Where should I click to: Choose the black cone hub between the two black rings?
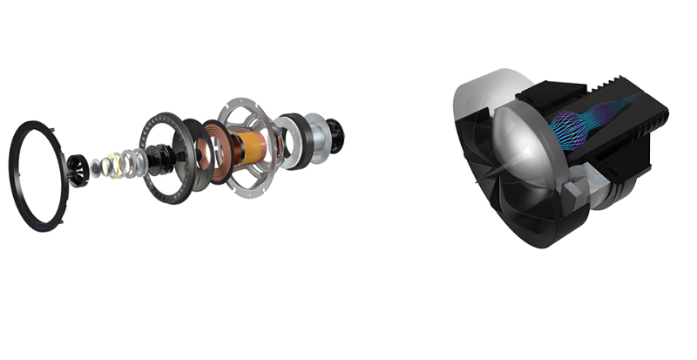pos(166,158)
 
